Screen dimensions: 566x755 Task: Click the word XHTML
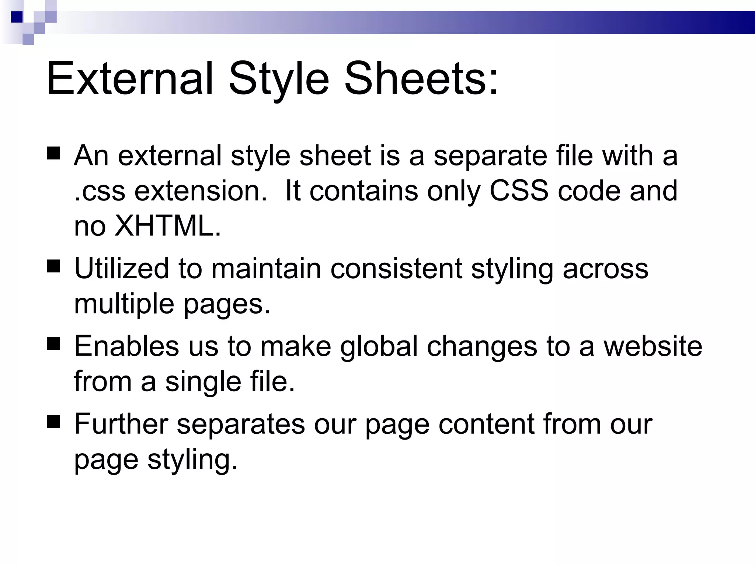click(x=164, y=226)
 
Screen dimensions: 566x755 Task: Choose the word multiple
click(x=124, y=304)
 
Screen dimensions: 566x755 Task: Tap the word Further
click(x=121, y=424)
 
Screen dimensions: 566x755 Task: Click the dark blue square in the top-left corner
click(x=17, y=17)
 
